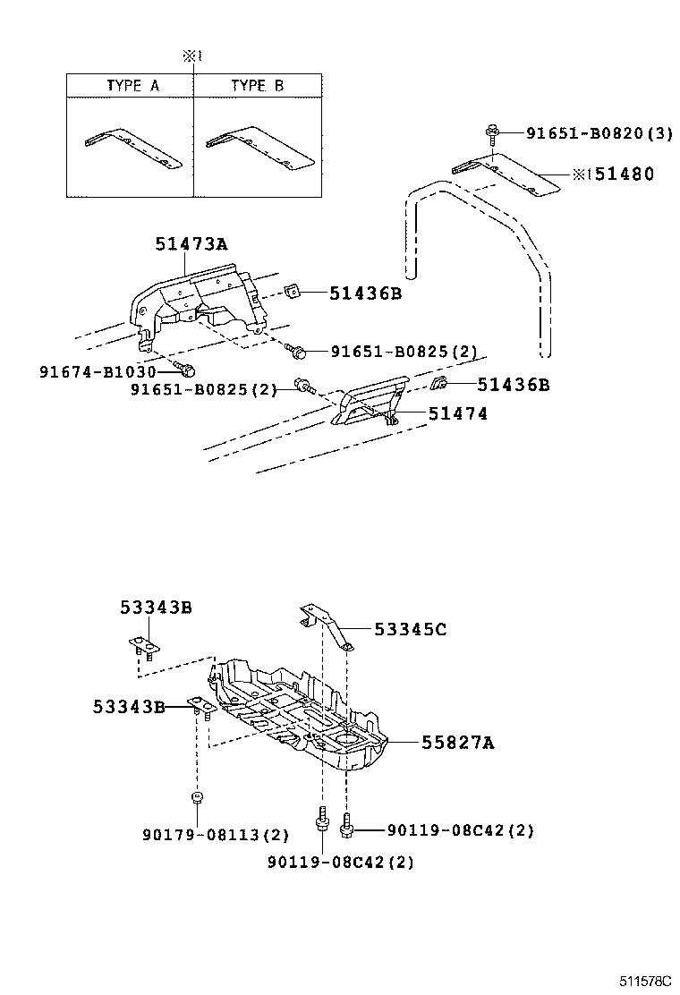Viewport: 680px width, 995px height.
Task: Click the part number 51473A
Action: (191, 242)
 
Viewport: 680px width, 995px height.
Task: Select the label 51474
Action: (457, 413)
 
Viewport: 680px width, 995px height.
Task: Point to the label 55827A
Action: (458, 742)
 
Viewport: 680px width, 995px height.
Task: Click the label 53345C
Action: (411, 629)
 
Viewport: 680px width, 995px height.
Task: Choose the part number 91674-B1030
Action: (98, 371)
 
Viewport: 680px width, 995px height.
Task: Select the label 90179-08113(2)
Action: (216, 834)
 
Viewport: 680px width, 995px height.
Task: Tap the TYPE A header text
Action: (132, 86)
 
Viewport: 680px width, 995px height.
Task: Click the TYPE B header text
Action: (257, 86)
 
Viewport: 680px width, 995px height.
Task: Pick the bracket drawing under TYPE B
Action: (259, 149)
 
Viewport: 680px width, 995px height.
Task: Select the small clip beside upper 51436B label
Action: (292, 292)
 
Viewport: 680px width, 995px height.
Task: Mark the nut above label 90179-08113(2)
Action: (196, 797)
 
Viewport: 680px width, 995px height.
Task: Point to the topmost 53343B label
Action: (156, 608)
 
